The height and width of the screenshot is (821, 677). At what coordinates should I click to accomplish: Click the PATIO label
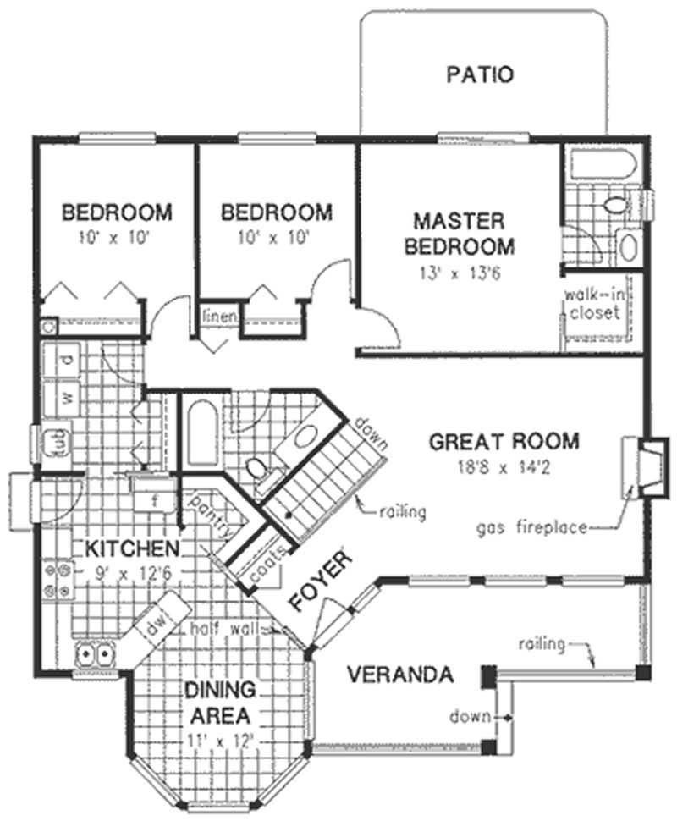479,74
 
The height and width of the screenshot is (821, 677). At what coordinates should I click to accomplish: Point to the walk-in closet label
594,303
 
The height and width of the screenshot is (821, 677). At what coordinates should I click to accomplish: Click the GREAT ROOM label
504,441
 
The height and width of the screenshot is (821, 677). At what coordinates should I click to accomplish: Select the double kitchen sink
95,653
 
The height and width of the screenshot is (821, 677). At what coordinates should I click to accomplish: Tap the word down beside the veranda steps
469,718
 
